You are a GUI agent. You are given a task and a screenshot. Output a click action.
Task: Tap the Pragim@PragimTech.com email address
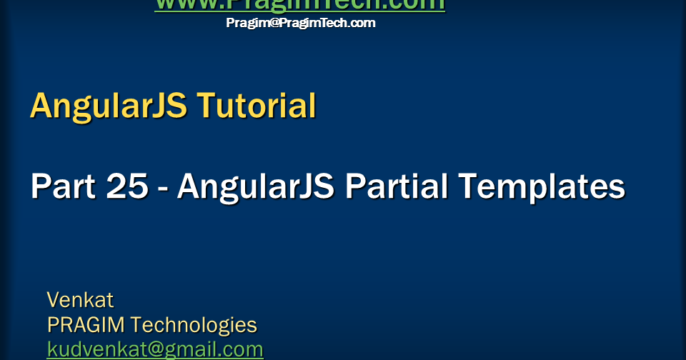301,23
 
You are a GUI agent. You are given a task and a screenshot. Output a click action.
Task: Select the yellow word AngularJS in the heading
109,106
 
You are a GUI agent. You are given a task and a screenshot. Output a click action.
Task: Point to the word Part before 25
64,187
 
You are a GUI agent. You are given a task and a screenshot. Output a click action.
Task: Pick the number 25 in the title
128,187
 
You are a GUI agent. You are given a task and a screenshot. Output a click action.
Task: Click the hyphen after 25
163,189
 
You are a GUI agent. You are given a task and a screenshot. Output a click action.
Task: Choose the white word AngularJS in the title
256,187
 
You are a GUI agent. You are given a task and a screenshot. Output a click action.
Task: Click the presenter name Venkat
80,299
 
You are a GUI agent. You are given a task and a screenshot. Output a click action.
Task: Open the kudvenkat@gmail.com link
155,350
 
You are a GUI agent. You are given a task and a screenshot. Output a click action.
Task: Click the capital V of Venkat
54,299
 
